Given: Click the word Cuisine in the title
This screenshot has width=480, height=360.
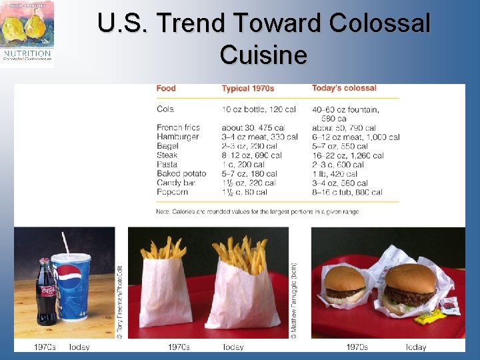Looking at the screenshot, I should point(263,55).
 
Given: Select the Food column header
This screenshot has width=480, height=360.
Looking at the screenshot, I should point(166,88).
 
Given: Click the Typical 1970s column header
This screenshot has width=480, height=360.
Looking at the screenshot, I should point(248,88).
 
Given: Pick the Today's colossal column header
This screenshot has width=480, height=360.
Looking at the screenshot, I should point(344,88).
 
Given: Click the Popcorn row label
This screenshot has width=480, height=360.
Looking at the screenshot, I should point(172,192).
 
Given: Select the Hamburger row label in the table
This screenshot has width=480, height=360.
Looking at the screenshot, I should point(177,137).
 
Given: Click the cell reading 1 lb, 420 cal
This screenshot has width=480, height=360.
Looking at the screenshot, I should point(339,173).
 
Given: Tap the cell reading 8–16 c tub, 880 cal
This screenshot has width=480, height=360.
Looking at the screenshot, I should point(347,192).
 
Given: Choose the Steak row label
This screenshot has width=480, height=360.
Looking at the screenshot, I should point(167,155).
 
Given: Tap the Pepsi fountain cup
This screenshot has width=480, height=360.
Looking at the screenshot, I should point(71,287).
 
